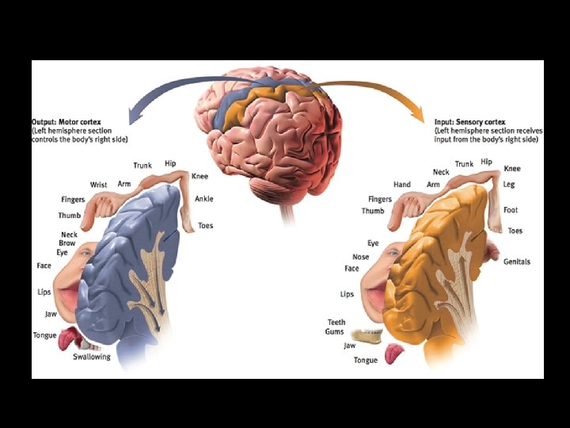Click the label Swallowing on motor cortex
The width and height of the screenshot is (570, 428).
[92, 357]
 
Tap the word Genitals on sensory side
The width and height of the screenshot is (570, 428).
[517, 262]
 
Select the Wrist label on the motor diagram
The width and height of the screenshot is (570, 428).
[98, 185]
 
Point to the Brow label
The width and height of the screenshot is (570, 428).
[69, 243]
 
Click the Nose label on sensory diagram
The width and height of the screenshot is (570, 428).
[361, 257]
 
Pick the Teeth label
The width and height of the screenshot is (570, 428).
[336, 322]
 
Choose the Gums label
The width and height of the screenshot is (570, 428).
[336, 331]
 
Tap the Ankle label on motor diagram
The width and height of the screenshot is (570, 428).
[203, 199]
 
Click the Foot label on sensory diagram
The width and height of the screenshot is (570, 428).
[511, 210]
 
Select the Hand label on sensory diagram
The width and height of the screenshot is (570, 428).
[402, 185]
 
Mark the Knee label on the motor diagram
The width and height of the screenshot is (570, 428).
[199, 176]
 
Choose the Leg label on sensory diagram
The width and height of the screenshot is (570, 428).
[510, 184]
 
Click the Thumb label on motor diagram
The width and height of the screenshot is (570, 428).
[70, 216]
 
